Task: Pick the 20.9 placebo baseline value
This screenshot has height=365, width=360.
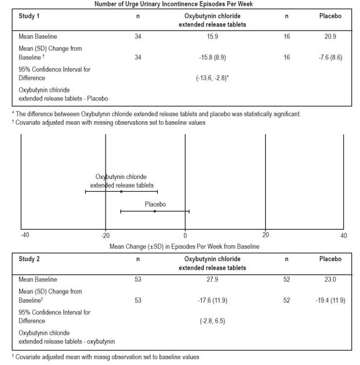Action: pos(330,37)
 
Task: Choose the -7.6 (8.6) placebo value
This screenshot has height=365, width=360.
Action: pos(330,57)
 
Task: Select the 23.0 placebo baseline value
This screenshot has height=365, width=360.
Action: pos(330,280)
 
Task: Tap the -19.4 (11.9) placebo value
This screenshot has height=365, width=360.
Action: pos(330,300)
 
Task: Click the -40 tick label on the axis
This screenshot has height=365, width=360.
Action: pos(25,236)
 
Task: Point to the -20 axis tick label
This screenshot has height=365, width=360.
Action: pos(106,236)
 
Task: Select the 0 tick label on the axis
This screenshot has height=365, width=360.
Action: pos(185,236)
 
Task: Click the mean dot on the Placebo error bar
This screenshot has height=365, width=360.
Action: pos(155,211)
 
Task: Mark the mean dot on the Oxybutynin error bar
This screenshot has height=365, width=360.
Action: pos(121,191)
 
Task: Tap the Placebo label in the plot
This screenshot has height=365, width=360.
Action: pos(155,204)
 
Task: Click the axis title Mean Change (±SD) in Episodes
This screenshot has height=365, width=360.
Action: pos(185,246)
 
